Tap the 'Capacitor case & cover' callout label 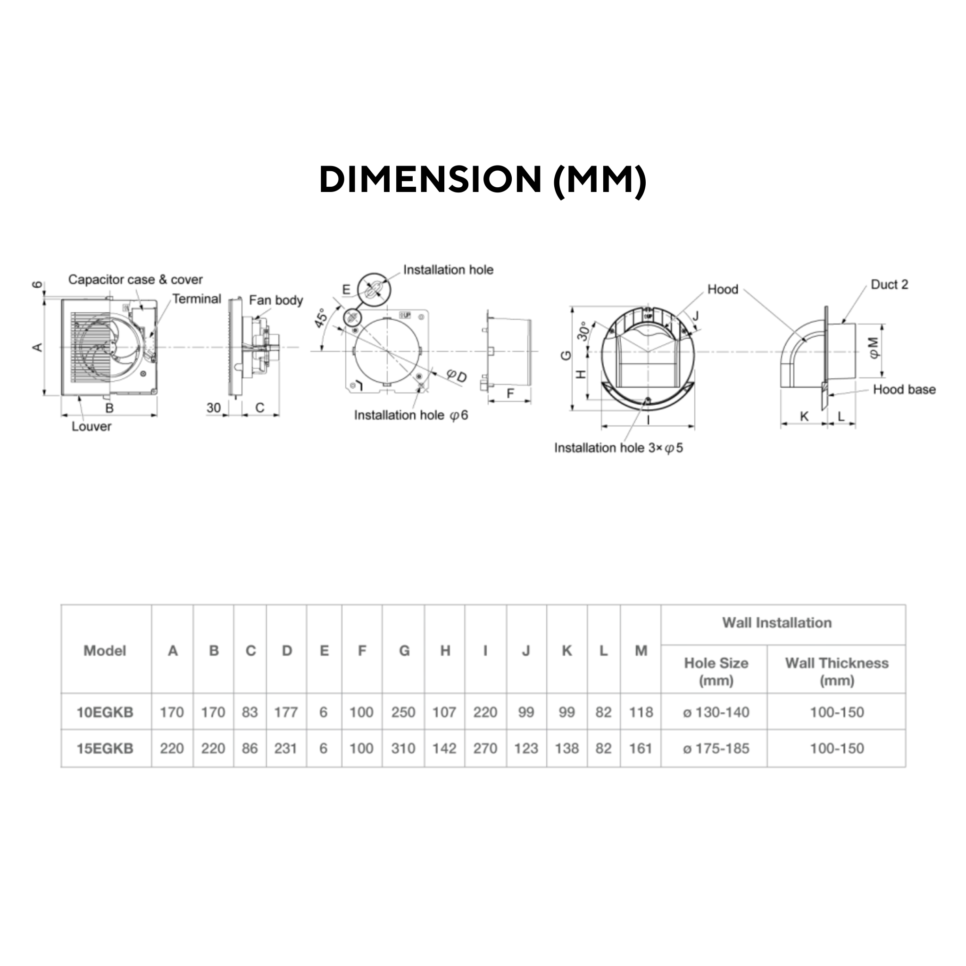[x=135, y=280]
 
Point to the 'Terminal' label [x=197, y=299]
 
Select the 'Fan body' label [x=275, y=300]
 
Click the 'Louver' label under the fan [x=91, y=426]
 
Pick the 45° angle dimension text [x=321, y=318]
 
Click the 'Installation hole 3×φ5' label [x=618, y=448]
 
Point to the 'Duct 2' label [x=889, y=284]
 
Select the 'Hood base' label [x=904, y=390]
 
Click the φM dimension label [x=873, y=348]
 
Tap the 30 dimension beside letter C [x=214, y=408]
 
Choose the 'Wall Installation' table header [x=776, y=623]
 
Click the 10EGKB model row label [x=105, y=712]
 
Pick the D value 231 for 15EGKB [x=285, y=749]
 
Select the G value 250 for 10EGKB [x=403, y=712]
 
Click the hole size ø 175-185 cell [x=716, y=749]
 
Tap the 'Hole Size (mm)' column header [x=716, y=672]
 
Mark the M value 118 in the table [x=641, y=712]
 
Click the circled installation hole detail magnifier [x=375, y=289]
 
